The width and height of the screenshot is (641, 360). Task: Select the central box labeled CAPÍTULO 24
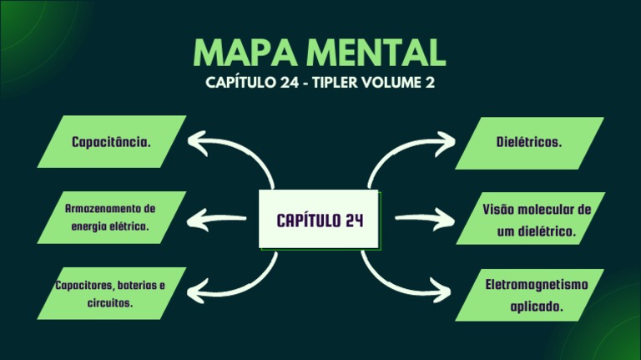coord(320,221)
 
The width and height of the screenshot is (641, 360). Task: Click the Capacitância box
coord(112,141)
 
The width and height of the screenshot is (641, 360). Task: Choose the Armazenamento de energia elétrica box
coord(112,217)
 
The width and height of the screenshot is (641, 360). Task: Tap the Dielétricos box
coord(529,142)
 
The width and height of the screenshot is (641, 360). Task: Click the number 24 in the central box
coord(353,221)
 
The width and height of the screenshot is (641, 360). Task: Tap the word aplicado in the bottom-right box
coord(537,307)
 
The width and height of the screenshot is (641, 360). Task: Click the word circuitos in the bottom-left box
coord(110,302)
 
